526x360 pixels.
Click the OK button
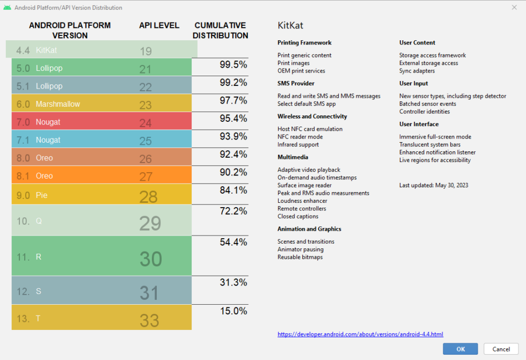(460, 349)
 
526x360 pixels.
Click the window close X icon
(514, 8)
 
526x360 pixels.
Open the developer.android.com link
(360, 334)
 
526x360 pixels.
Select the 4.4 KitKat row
(102, 50)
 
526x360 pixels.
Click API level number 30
(150, 259)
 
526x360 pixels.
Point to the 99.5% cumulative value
(233, 64)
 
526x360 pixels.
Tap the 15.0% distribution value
(233, 311)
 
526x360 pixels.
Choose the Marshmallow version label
(58, 104)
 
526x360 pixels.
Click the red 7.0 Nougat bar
(102, 122)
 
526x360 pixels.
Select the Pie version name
(42, 195)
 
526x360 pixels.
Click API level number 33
(149, 320)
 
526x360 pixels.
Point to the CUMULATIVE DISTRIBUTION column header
(220, 31)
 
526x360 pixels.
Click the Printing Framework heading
(304, 42)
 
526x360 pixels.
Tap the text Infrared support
(298, 144)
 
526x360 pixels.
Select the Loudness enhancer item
(302, 201)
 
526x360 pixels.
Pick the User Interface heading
(419, 124)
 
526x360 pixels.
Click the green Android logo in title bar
(8, 8)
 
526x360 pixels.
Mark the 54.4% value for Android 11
(233, 243)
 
